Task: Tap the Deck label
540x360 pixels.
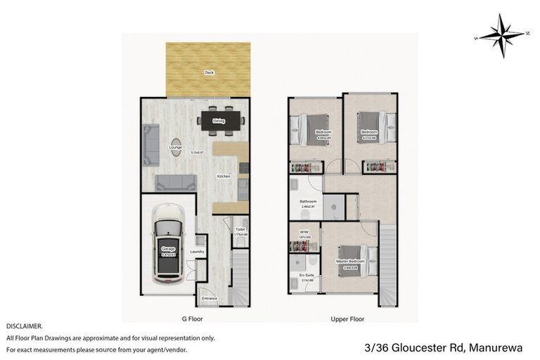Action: tap(209, 72)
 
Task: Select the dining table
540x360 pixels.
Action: tap(219, 121)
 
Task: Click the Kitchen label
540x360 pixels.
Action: tap(224, 176)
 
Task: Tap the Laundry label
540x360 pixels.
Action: tap(197, 251)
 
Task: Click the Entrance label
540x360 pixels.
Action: tap(210, 299)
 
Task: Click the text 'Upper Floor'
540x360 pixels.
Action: tap(347, 319)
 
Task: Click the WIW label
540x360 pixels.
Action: tap(304, 231)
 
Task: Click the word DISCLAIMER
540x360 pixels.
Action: tap(25, 327)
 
